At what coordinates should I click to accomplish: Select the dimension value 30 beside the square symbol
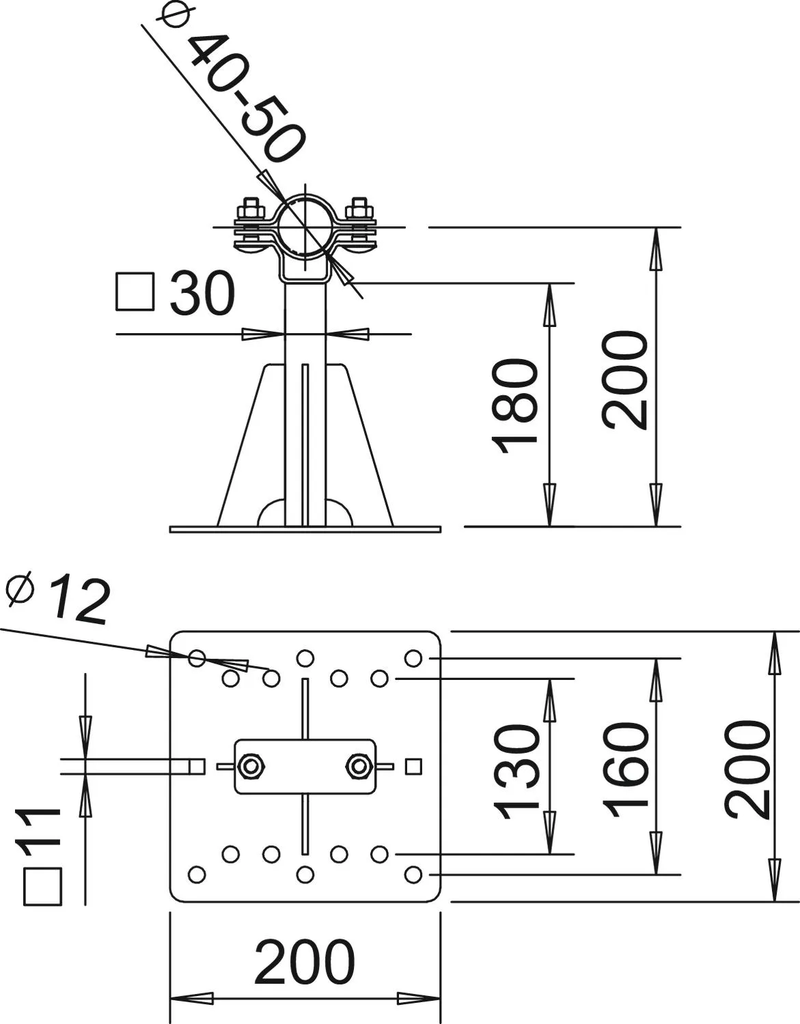[x=202, y=294]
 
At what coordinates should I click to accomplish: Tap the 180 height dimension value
[x=514, y=406]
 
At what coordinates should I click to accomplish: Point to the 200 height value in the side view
[x=624, y=380]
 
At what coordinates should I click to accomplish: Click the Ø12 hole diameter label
[x=59, y=599]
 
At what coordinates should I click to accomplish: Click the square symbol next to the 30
[x=135, y=291]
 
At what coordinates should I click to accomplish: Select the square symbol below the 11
[x=43, y=886]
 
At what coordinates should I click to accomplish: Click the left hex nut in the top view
[x=251, y=767]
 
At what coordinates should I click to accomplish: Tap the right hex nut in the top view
[x=359, y=767]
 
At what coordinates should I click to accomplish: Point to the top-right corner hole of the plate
[x=413, y=658]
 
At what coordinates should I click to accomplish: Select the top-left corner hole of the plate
[x=197, y=658]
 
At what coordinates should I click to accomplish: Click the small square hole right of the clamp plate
[x=413, y=767]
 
